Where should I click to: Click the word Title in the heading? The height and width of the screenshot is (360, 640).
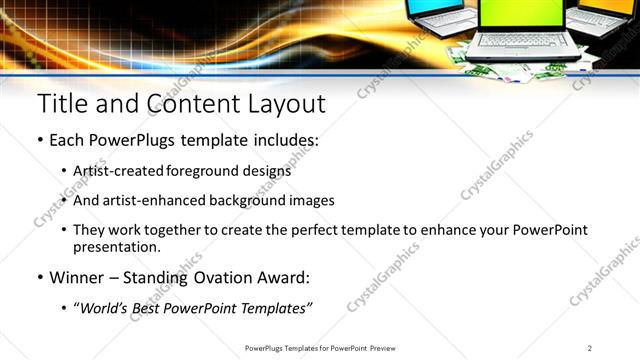[x=61, y=103]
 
